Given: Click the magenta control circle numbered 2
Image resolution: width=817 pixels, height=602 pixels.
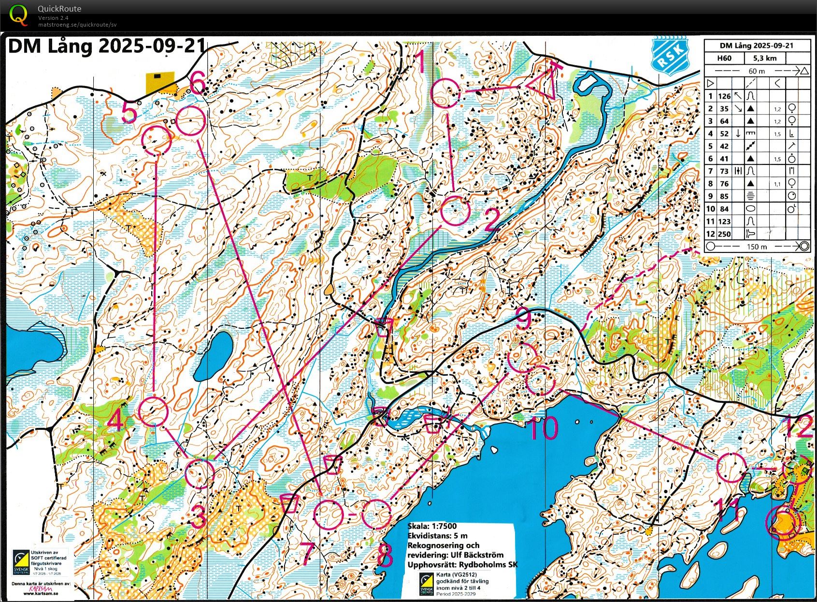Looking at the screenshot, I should pyautogui.click(x=455, y=211).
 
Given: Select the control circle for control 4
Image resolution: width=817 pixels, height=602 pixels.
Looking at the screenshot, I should pyautogui.click(x=153, y=411).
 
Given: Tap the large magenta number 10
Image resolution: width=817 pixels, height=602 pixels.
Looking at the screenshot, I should pyautogui.click(x=544, y=428).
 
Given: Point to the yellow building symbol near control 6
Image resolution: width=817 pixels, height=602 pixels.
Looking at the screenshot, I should pyautogui.click(x=159, y=83).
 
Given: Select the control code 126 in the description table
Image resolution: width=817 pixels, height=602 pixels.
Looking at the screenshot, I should pyautogui.click(x=724, y=96).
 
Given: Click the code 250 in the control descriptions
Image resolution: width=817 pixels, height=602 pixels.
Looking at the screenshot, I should pyautogui.click(x=724, y=234).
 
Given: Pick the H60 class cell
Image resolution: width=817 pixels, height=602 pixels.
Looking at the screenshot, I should pyautogui.click(x=724, y=58).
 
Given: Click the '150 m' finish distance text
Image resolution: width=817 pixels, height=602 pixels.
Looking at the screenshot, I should pyautogui.click(x=757, y=247).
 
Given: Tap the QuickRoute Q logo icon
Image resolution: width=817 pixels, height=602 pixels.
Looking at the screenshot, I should pyautogui.click(x=18, y=15).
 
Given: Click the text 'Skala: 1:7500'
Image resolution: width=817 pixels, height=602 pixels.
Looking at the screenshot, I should pyautogui.click(x=432, y=526).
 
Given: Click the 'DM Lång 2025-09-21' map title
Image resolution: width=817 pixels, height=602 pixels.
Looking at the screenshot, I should pyautogui.click(x=103, y=47).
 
